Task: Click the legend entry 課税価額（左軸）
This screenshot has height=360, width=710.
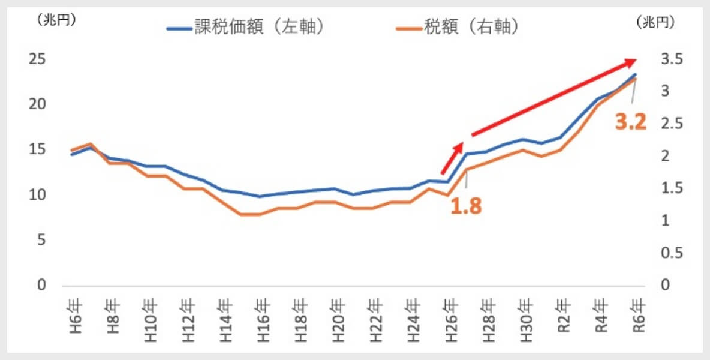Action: (246, 28)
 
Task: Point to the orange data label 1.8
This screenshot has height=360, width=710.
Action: (467, 206)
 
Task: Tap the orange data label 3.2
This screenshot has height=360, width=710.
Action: (631, 122)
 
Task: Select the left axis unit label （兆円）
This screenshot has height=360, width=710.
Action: (56, 20)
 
